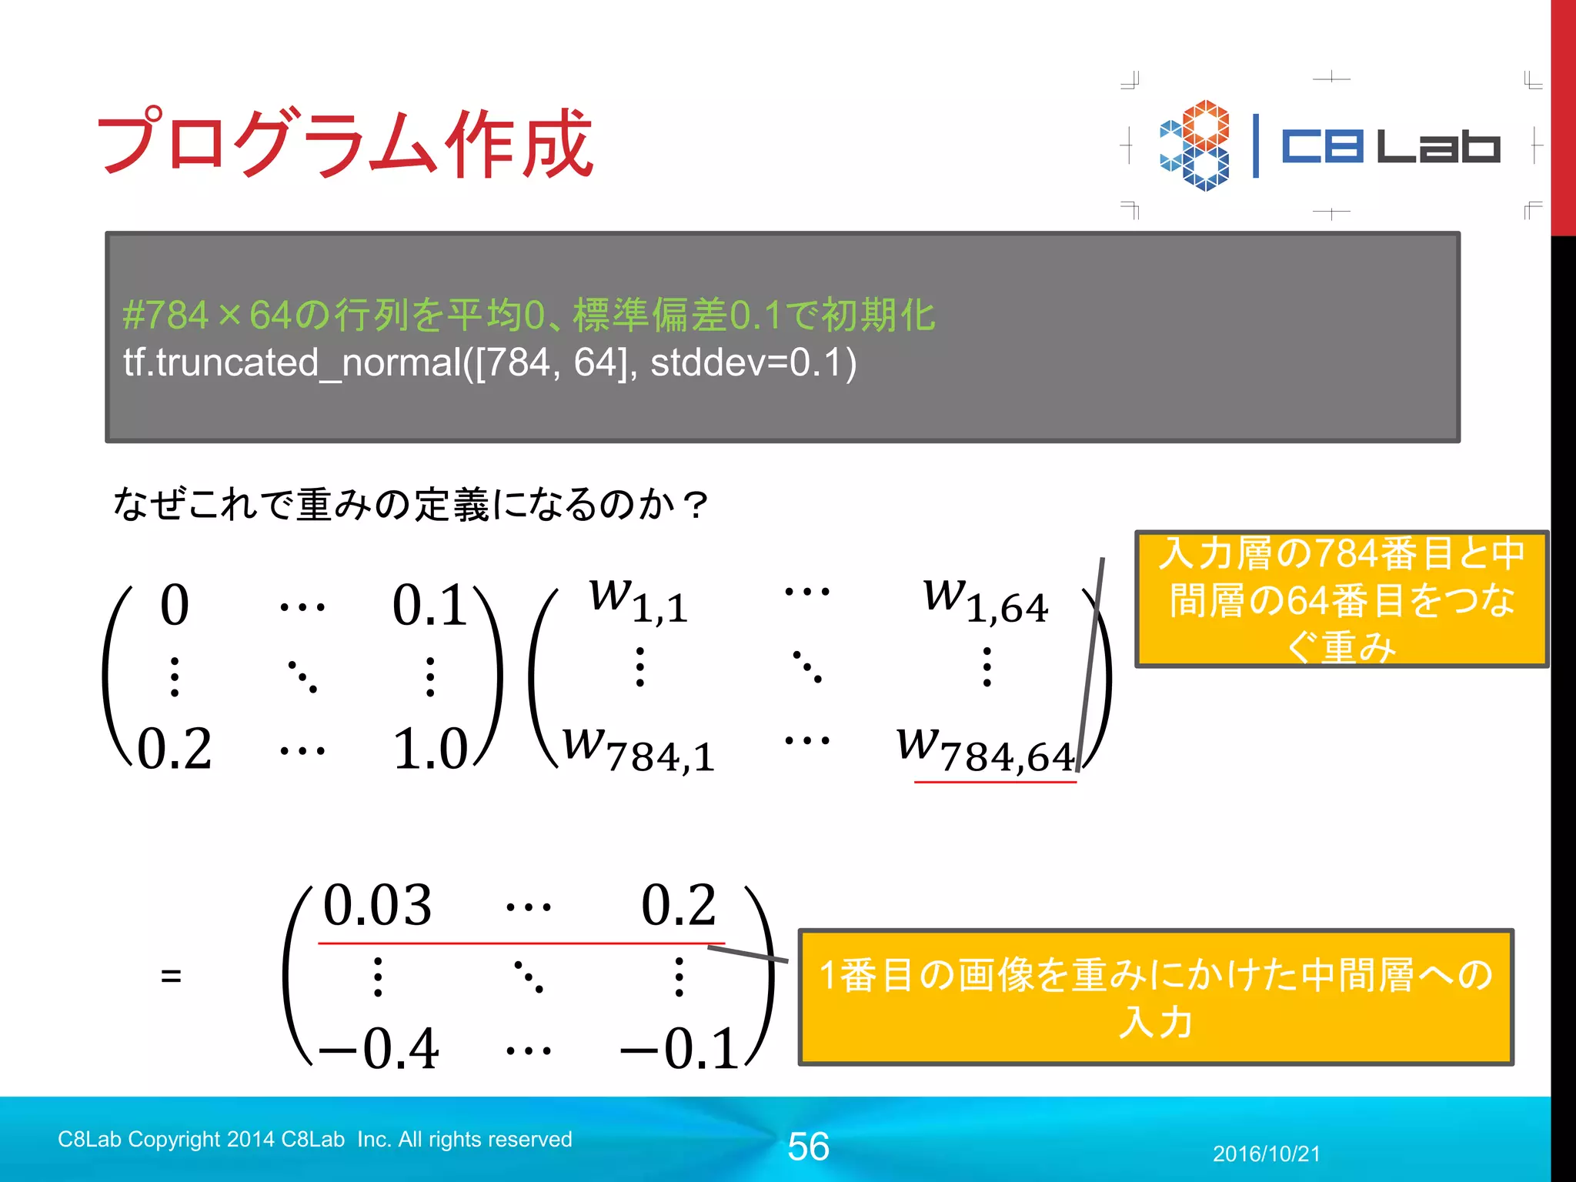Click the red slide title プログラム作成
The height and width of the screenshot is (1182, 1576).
coord(344,143)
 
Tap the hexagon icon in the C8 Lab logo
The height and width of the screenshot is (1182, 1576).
coord(1194,145)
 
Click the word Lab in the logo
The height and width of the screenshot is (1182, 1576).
coord(1437,146)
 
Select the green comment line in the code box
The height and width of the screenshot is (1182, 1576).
coord(529,316)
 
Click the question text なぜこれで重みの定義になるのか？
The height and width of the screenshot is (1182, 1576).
coord(409,506)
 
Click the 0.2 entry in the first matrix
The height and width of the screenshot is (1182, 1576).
coord(175,749)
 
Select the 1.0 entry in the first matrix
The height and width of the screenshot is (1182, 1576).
coord(430,749)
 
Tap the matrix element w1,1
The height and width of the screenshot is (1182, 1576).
coord(638,600)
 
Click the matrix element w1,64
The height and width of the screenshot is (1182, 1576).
coord(985,600)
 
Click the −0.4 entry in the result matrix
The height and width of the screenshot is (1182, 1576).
coord(379,1049)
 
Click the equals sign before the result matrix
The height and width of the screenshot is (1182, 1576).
coord(171,977)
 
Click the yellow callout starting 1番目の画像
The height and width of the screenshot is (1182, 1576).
coord(1156,997)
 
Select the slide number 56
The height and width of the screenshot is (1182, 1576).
coord(808,1147)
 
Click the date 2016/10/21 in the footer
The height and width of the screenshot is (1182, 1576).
coord(1266,1154)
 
